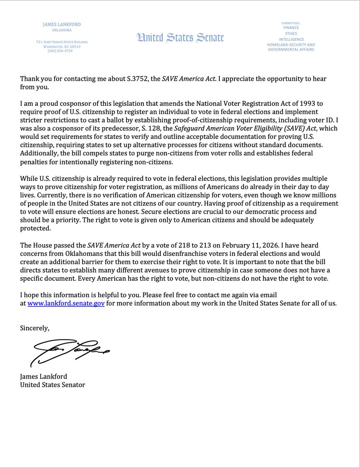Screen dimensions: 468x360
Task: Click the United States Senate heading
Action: tap(180, 37)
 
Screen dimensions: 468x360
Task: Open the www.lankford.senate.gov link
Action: tap(66, 304)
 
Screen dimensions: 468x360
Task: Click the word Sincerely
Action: tap(35, 328)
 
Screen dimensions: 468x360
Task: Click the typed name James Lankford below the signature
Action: tap(43, 376)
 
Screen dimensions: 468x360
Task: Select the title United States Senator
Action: tap(52, 385)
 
